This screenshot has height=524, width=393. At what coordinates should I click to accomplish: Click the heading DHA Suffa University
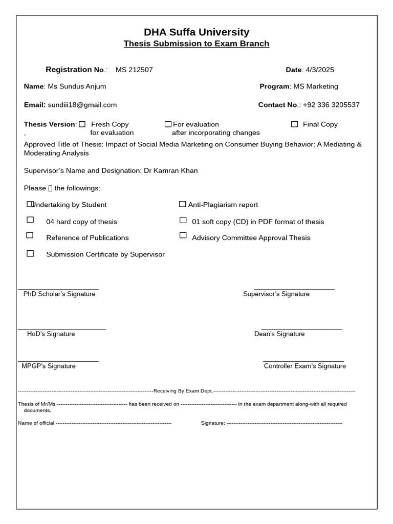point(196,32)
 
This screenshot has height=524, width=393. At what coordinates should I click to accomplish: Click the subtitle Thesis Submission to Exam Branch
point(196,43)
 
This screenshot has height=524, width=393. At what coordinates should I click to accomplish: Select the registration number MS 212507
point(134,70)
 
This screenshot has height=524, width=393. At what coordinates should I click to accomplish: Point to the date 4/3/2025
point(320,70)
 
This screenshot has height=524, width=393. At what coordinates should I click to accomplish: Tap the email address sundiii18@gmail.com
point(82,105)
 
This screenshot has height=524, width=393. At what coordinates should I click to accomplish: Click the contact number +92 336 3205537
point(331,105)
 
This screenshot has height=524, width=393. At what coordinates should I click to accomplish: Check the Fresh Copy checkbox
point(82,124)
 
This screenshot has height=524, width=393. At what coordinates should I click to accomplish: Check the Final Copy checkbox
point(294,124)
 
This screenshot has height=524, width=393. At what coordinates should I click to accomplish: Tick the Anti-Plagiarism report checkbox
point(182,204)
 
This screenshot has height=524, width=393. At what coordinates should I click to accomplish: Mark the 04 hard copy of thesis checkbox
point(30,220)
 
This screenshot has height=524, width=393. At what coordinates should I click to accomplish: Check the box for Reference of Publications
point(30,235)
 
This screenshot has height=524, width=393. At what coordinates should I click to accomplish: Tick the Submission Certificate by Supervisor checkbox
point(30,253)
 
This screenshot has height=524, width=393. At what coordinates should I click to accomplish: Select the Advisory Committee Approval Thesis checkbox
point(183,235)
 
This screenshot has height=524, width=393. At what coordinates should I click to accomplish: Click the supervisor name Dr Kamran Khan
point(170,170)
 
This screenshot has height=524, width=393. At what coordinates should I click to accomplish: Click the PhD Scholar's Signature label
point(59,294)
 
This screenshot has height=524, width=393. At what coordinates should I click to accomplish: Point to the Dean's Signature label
point(279,334)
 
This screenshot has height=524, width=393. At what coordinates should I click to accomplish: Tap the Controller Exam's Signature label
point(305,366)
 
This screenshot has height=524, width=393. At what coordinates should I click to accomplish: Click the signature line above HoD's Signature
point(62,329)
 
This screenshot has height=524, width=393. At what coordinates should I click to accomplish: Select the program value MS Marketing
point(315,86)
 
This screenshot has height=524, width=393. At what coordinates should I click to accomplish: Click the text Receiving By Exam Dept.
point(183,391)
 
